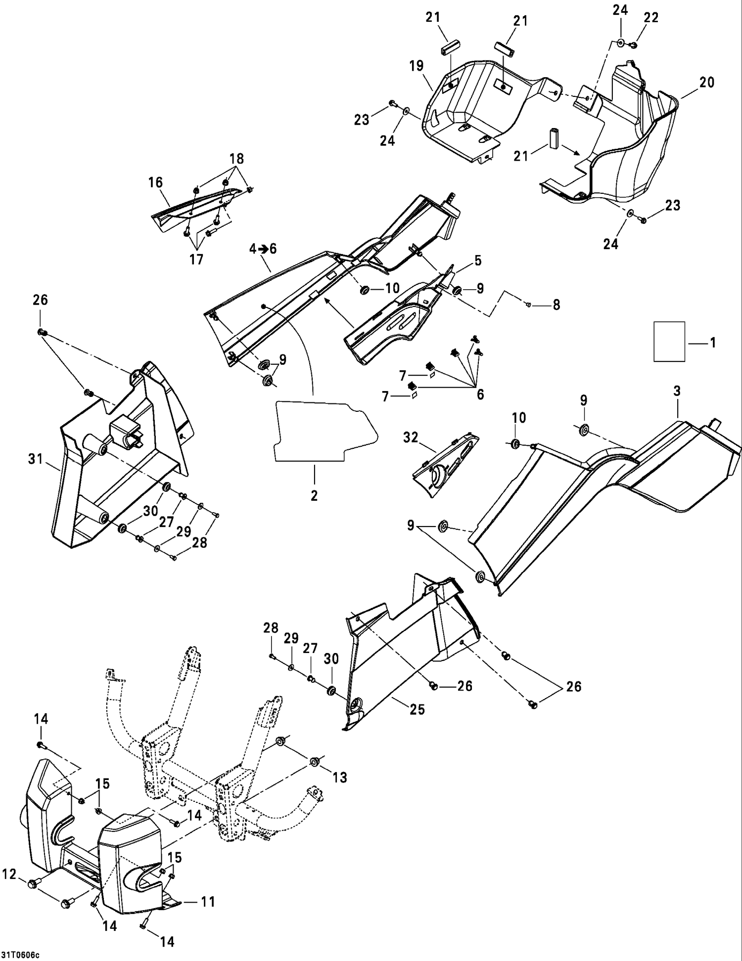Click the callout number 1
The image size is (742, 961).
[x=713, y=343]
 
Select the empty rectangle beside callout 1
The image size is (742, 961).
[x=669, y=342]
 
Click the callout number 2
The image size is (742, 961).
[x=314, y=495]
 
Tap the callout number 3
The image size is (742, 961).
[x=677, y=391]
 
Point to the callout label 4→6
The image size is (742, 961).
[x=263, y=249]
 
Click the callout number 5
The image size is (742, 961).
[x=477, y=261]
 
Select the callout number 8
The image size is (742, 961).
[x=556, y=305]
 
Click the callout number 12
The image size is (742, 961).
[x=9, y=874]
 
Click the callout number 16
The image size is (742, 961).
[x=155, y=182]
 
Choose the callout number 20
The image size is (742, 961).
[x=707, y=82]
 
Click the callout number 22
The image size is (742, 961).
[x=651, y=17]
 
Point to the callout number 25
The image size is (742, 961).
[x=417, y=709]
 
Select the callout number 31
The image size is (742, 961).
[x=36, y=459]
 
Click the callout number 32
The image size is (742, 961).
[x=411, y=437]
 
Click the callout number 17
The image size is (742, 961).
[x=196, y=259]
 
